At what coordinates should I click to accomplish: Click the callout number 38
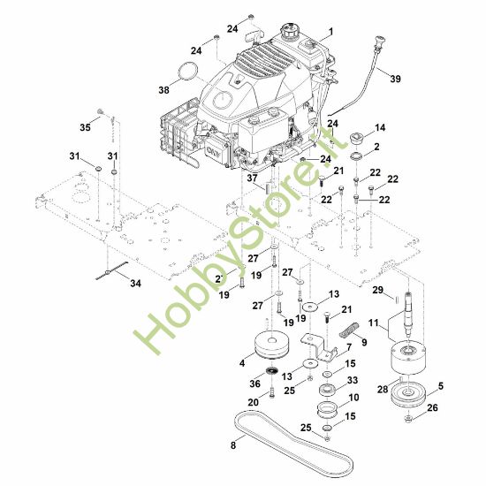click(x=164, y=90)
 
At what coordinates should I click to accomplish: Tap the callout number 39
click(x=395, y=79)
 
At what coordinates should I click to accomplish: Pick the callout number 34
click(x=135, y=284)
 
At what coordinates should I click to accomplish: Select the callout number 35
click(x=85, y=127)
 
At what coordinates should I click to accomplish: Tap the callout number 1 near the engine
click(x=330, y=32)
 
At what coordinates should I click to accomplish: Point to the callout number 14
click(x=380, y=128)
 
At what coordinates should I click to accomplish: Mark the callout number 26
click(x=432, y=407)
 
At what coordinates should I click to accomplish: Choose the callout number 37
click(x=253, y=178)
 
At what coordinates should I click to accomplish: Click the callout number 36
click(x=254, y=383)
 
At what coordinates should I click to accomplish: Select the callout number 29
click(x=378, y=290)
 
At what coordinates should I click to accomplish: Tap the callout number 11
click(x=374, y=323)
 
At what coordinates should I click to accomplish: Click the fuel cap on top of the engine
click(x=292, y=29)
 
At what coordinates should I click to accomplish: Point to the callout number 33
click(x=353, y=380)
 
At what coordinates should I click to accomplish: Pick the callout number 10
click(x=353, y=398)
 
